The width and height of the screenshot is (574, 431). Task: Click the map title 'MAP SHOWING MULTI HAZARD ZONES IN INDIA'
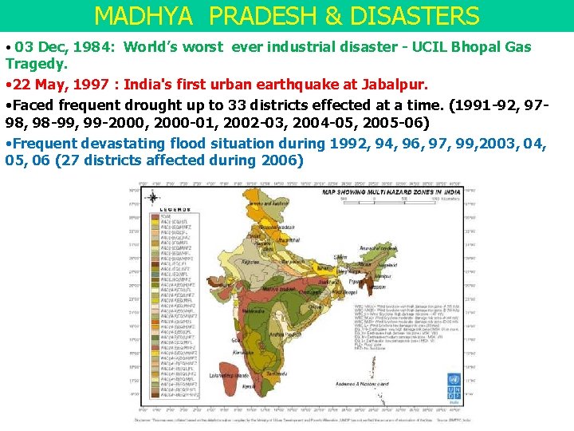click(x=390, y=192)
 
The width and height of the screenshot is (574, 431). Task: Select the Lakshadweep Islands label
click(x=228, y=375)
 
